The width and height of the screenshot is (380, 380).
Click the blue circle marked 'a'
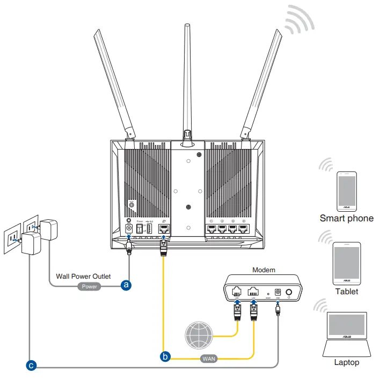tap(126, 285)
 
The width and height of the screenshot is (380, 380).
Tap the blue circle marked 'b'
tap(166, 355)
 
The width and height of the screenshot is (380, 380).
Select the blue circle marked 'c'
tap(31, 366)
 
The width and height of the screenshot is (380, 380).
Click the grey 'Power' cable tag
tap(90, 286)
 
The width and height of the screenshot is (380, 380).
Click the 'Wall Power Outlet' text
tap(83, 277)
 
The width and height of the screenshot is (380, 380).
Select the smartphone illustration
tap(346, 191)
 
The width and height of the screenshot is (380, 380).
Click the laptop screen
tap(346, 330)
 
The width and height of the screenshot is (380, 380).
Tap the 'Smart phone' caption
tap(346, 218)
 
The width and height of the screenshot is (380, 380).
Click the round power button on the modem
tap(290, 292)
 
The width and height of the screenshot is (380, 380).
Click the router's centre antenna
tap(188, 80)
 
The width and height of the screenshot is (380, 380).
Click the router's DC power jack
tap(129, 229)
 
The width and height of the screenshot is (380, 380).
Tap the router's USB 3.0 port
tap(149, 229)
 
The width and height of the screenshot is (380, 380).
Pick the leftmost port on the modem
tap(237, 292)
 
